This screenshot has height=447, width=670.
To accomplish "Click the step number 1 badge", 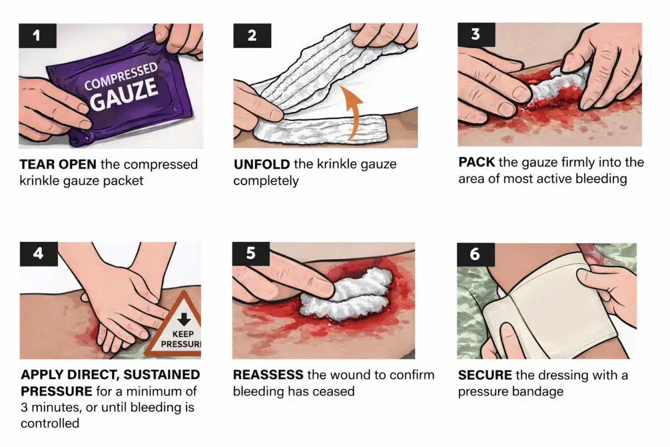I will pyautogui.click(x=37, y=36).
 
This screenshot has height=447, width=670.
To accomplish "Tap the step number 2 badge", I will pyautogui.click(x=252, y=36).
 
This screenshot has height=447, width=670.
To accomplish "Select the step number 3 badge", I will pyautogui.click(x=475, y=34).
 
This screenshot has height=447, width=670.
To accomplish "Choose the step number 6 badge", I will pyautogui.click(x=475, y=254).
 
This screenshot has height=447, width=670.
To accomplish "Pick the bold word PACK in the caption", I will pyautogui.click(x=476, y=163).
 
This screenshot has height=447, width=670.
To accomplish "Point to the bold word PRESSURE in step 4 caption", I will pyautogui.click(x=58, y=391).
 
